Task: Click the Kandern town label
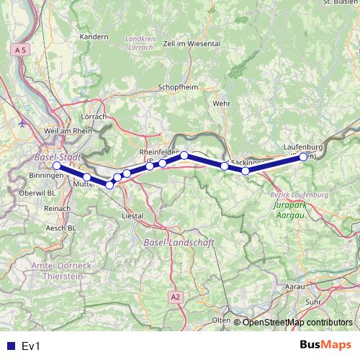94,36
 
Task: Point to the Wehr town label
221,104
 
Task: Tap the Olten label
220,320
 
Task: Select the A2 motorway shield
176,297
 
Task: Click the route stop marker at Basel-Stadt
57,166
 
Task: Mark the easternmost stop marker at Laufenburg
303,156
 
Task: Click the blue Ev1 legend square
10,346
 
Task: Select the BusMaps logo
325,346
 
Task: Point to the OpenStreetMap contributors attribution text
297,323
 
